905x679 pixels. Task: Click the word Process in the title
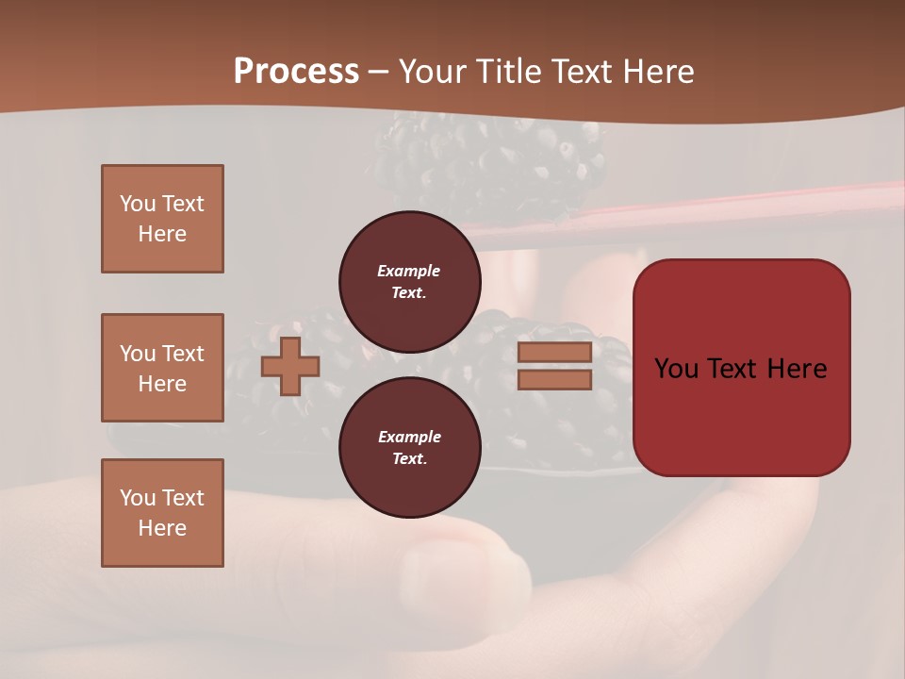296,72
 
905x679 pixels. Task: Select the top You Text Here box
162,219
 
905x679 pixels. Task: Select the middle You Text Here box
162,368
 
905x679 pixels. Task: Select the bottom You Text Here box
162,513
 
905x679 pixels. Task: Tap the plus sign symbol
289,366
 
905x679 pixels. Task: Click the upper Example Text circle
409,281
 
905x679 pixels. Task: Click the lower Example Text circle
409,447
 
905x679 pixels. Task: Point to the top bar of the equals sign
554,353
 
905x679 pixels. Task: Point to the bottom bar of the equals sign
554,379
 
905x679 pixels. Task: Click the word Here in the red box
797,369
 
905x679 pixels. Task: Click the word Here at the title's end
658,72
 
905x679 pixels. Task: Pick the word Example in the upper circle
409,271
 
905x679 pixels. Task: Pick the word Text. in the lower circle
409,458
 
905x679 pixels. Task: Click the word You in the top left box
138,204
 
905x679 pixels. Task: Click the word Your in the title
435,72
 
